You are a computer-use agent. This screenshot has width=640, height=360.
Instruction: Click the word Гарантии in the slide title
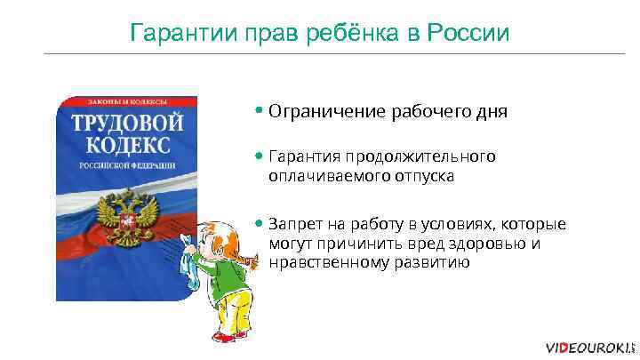170,34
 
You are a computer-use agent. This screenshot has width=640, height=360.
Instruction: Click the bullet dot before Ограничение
258,112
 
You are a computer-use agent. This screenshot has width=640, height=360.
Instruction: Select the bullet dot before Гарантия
258,156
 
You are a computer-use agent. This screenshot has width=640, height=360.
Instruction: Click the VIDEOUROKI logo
587,347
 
